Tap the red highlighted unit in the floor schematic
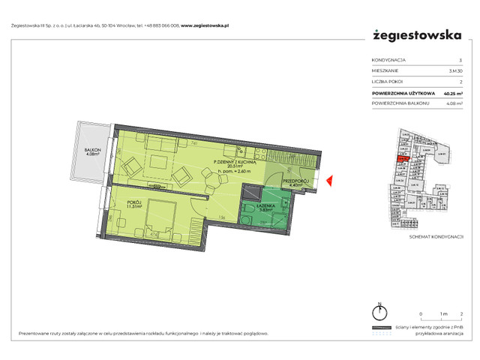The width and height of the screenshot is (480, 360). click(x=402, y=158)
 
